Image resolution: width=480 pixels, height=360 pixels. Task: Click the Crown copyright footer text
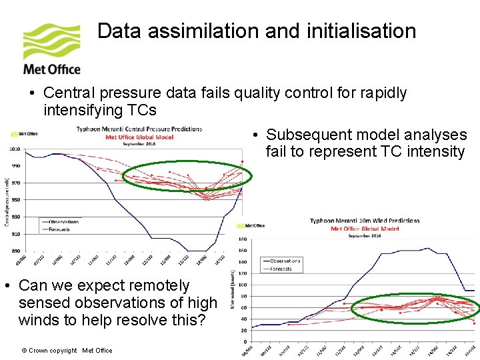[x=67, y=350]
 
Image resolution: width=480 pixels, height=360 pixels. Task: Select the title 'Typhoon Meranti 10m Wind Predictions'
[x=365, y=221]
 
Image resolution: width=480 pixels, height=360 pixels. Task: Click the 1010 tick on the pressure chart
[x=15, y=149]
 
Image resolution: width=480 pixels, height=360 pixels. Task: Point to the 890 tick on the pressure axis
[x=15, y=251]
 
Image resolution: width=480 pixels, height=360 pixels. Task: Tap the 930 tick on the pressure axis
[x=15, y=217]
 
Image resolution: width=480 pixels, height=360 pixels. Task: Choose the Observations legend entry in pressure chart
[x=64, y=222]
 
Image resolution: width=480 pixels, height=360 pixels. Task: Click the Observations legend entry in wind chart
[x=285, y=261]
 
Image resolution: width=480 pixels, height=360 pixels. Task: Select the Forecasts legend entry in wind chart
[x=282, y=269]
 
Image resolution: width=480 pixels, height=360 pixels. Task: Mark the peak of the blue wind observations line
[x=427, y=248]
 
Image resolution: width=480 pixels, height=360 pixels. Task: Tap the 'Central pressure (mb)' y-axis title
[x=6, y=200]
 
